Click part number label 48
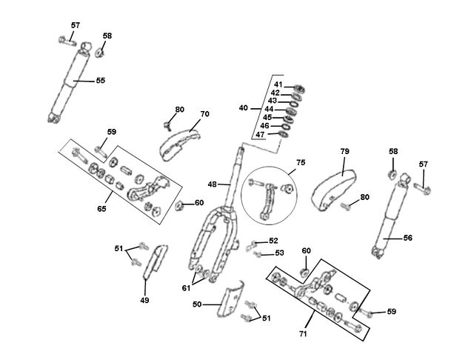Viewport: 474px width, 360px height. pos(213,184)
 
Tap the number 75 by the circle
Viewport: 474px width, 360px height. pos(301,162)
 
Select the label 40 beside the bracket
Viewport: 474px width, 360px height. pos(244,108)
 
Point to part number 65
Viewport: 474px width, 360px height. pos(101,209)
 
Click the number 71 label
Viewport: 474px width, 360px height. pos(303,333)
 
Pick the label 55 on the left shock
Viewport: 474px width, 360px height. pos(101,81)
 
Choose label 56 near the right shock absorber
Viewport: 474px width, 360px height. pos(408,238)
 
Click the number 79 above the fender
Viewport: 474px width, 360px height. pos(344,151)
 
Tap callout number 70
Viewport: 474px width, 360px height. pos(204,114)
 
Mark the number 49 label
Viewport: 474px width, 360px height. pos(145,300)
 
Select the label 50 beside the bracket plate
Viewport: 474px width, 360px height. pos(197,304)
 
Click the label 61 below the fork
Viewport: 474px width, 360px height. pos(186,288)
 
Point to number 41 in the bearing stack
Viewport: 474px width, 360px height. pos(278,84)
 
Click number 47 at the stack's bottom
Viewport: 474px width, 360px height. pos(260,135)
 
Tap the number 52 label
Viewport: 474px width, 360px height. pos(273,241)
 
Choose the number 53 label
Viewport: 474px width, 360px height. pos(279,253)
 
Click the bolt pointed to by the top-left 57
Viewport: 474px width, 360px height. pos(67,41)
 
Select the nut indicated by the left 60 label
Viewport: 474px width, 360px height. pos(179,205)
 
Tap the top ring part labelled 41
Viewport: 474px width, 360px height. pos(299,89)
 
